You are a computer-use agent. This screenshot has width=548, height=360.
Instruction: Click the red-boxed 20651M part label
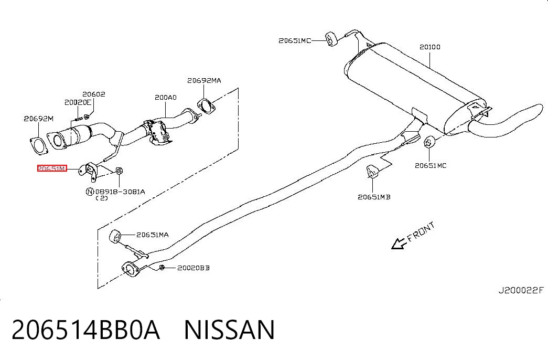point(52,168)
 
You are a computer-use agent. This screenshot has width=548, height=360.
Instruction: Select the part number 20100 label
point(430,47)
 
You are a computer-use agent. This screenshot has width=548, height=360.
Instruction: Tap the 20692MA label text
point(204,80)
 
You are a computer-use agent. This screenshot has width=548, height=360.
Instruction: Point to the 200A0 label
point(166,97)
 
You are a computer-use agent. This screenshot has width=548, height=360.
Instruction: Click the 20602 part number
point(94,94)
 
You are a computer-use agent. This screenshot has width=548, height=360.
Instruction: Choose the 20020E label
point(78,102)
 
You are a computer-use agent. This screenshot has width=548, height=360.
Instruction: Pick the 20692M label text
point(38,119)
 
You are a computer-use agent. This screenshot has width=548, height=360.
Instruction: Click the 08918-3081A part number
point(120,192)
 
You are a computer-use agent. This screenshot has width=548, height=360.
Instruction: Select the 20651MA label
point(153,235)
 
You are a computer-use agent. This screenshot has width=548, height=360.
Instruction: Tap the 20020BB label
point(194,268)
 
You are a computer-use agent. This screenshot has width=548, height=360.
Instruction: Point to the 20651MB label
point(374,197)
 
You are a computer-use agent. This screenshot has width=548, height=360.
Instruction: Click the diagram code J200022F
point(521,290)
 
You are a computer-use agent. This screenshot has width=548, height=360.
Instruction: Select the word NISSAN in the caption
point(229,330)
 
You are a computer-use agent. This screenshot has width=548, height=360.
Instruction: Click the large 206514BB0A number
point(85,330)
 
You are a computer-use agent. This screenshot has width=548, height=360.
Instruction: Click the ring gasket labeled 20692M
point(38,146)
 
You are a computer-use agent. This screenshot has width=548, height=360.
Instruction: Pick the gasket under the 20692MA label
point(206,107)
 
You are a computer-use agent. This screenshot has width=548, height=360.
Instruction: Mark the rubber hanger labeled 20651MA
point(115,236)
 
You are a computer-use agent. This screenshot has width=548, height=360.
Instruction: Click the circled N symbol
point(90,192)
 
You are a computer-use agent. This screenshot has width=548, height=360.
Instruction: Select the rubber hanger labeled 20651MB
point(372,172)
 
